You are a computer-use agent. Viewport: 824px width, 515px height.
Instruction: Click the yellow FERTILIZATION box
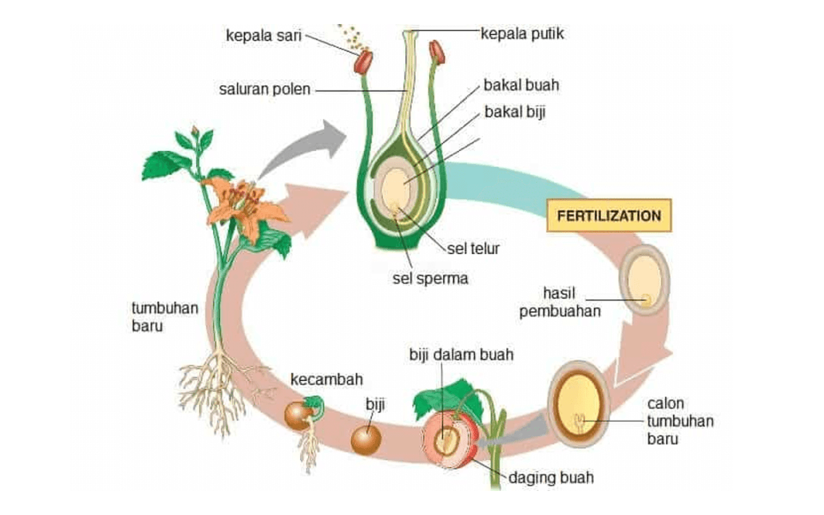pos(609,216)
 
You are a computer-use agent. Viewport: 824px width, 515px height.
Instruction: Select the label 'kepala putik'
pos(520,32)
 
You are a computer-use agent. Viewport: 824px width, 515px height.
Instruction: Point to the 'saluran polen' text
pos(265,89)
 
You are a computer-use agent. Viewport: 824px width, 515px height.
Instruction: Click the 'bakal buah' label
pos(521,86)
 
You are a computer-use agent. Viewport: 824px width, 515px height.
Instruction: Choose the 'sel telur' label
pos(473,249)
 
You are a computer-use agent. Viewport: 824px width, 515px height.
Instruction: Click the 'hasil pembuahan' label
pos(560,301)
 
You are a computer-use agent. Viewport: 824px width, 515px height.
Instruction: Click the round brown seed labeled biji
pos(366,439)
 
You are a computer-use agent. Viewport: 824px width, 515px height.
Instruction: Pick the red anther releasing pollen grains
pos(363,62)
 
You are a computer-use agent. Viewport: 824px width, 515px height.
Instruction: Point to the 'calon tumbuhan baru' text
pos(680,420)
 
